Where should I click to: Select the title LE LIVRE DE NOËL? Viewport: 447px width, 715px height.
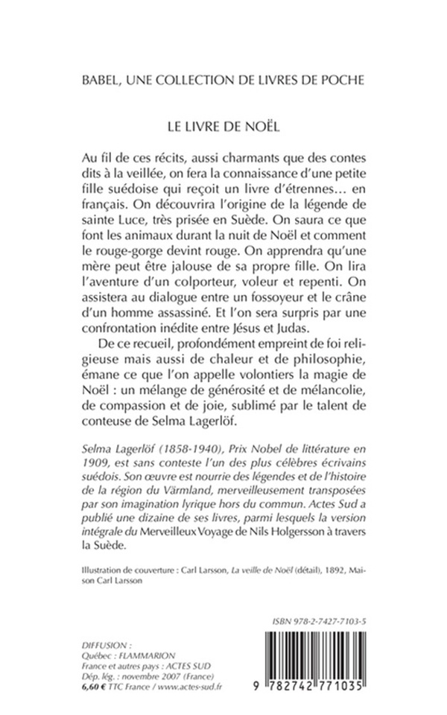223,127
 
